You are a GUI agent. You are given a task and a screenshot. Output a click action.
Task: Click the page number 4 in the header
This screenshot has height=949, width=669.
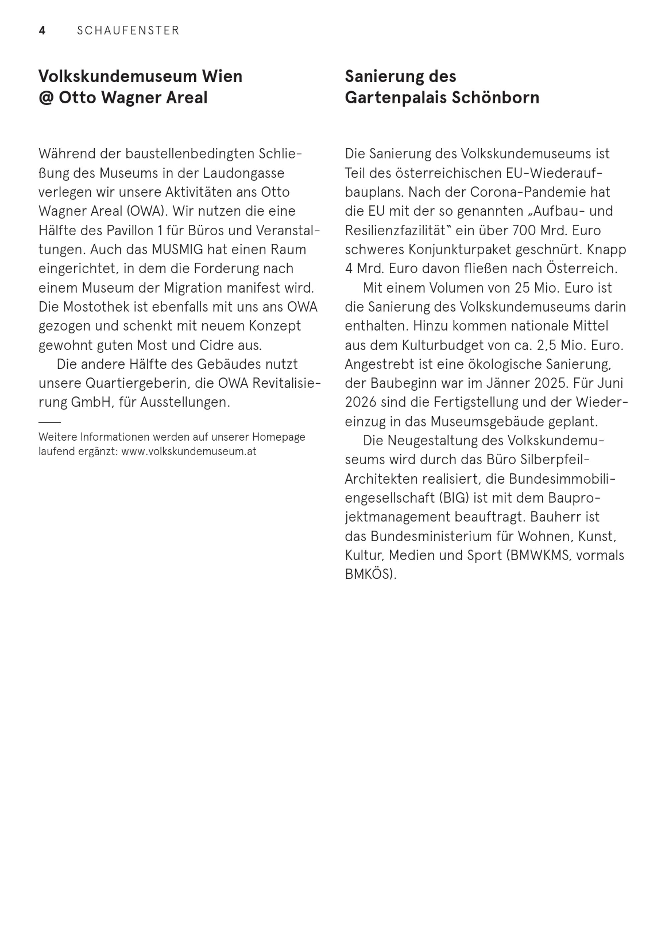(42, 31)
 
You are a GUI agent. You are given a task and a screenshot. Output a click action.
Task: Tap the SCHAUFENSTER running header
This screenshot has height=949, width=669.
(128, 31)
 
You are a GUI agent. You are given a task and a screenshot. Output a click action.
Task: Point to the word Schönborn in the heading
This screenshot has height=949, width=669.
(495, 98)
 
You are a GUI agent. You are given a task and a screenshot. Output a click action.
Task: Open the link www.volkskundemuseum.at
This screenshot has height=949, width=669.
(189, 451)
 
